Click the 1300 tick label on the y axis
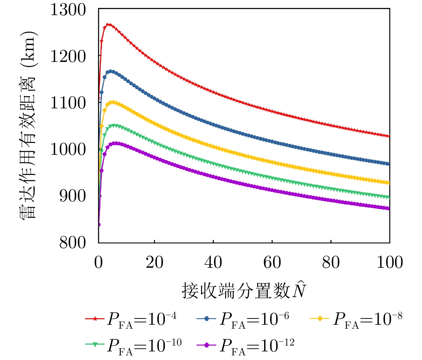[x=68, y=10]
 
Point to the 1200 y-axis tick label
[x=68, y=56]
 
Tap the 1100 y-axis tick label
[x=68, y=103]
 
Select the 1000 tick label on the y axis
[x=68, y=150]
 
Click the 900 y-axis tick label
[x=73, y=196]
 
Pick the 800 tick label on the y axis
[x=73, y=243]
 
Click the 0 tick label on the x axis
[x=99, y=263]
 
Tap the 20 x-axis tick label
[x=155, y=263]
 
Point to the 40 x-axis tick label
[x=213, y=263]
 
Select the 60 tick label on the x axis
[x=272, y=263]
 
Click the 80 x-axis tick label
[x=331, y=263]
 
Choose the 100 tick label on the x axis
[x=389, y=263]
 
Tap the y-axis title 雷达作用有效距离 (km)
[x=28, y=125]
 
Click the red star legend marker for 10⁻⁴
[x=95, y=318]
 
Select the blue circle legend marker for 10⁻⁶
[x=206, y=318]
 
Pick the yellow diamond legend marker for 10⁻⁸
[x=320, y=318]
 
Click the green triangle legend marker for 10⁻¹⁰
[x=95, y=345]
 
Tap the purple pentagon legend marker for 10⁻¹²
[x=206, y=345]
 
